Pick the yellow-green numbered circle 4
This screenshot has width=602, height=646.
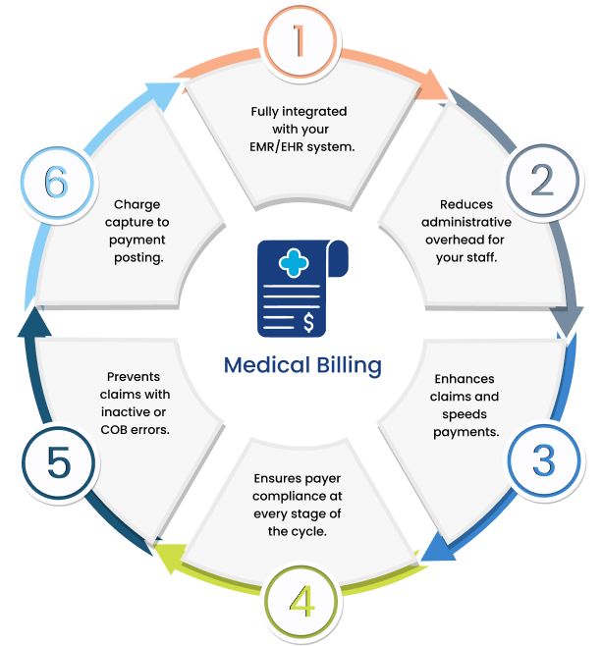pos(301,601)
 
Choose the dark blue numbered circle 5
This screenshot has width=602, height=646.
pos(58,462)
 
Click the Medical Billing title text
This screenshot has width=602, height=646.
pos(301,365)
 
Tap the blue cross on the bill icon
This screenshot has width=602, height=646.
pos(292,262)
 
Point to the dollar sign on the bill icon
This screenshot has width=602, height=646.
pos(310,321)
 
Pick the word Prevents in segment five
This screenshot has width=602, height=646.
pos(134,376)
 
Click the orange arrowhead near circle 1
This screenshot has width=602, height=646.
pos(435,91)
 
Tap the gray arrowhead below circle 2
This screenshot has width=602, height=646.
pos(569,323)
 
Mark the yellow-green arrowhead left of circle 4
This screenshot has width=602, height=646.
pos(169,557)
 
